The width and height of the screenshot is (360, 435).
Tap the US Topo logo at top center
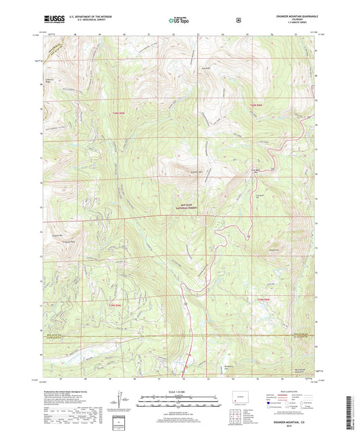[x=179, y=21]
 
